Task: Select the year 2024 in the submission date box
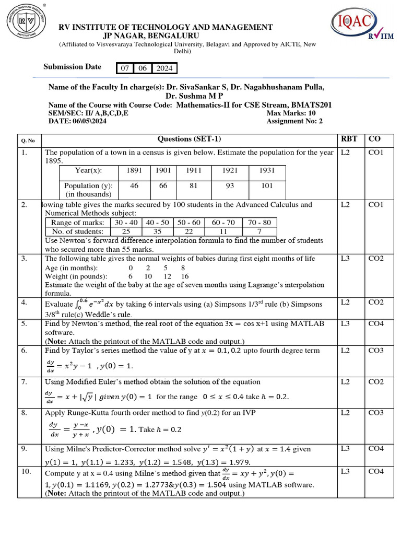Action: click(x=164, y=68)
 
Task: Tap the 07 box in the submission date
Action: click(x=124, y=68)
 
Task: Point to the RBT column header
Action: click(x=349, y=139)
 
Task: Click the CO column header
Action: click(x=374, y=139)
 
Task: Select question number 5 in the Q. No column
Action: click(x=24, y=324)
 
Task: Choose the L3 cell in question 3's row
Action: click(x=345, y=259)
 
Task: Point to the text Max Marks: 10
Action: click(x=291, y=113)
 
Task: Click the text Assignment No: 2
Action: click(x=294, y=121)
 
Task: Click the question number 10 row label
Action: click(x=26, y=472)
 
